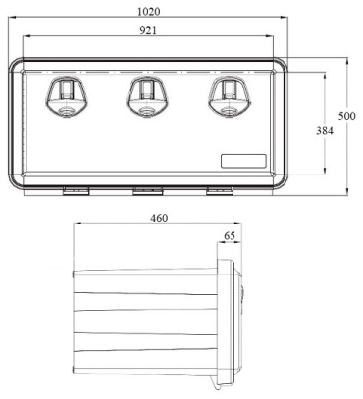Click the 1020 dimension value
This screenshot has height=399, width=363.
pyautogui.click(x=149, y=12)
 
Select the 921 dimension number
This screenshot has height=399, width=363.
pyautogui.click(x=148, y=30)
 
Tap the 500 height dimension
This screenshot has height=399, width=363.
pyautogui.click(x=346, y=116)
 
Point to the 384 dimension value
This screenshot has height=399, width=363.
pyautogui.click(x=325, y=131)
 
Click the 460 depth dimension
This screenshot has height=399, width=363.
pyautogui.click(x=159, y=218)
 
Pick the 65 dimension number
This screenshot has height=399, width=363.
pyautogui.click(x=230, y=235)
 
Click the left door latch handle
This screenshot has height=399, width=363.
pyautogui.click(x=67, y=96)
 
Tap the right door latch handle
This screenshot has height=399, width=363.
pyautogui.click(x=230, y=96)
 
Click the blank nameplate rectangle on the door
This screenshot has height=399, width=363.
pyautogui.click(x=243, y=161)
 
